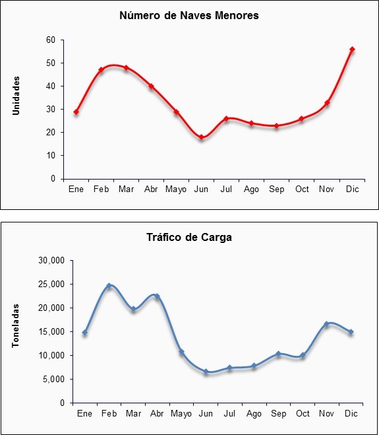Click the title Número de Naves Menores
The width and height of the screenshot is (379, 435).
pyautogui.click(x=189, y=15)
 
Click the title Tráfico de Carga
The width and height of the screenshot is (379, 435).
pyautogui.click(x=189, y=237)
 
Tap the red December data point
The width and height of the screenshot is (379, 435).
pyautogui.click(x=352, y=50)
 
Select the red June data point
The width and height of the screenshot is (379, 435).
pyautogui.click(x=202, y=137)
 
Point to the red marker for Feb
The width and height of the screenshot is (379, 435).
pyautogui.click(x=101, y=69)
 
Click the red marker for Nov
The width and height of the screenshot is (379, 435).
pyautogui.click(x=327, y=103)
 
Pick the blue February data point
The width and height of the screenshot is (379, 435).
pyautogui.click(x=109, y=285)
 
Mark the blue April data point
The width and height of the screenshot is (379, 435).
pyautogui.click(x=157, y=296)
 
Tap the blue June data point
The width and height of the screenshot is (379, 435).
pyautogui.click(x=206, y=372)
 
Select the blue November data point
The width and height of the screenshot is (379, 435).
pyautogui.click(x=327, y=323)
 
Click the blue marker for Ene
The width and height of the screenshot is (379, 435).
pyautogui.click(x=85, y=332)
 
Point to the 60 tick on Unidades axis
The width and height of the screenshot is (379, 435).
pyautogui.click(x=51, y=40)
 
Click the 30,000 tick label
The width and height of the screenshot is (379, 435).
pyautogui.click(x=51, y=261)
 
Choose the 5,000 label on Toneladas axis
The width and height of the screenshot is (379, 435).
pyautogui.click(x=54, y=380)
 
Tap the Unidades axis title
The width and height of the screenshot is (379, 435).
pyautogui.click(x=16, y=96)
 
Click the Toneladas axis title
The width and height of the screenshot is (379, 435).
pyautogui.click(x=16, y=325)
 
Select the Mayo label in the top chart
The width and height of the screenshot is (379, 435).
pyautogui.click(x=176, y=189)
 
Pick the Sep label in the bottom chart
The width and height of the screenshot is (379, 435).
pyautogui.click(x=278, y=414)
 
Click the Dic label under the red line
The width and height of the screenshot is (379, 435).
pyautogui.click(x=353, y=189)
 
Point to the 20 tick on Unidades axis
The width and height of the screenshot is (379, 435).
pyautogui.click(x=51, y=132)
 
